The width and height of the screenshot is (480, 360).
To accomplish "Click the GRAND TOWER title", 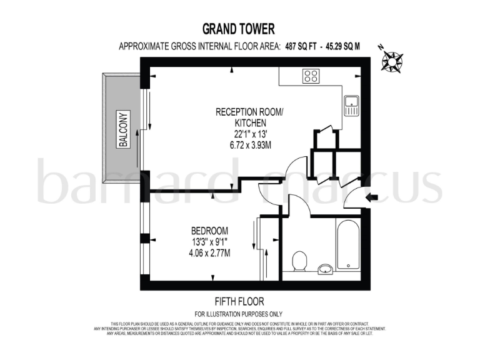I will coord(238,29).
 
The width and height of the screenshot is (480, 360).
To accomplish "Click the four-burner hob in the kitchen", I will coord(311,77).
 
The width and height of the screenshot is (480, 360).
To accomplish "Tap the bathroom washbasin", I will coord(324,269).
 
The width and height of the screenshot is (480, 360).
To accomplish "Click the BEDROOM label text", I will coord(209,231).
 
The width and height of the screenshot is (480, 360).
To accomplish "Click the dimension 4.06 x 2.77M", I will coord(209,253).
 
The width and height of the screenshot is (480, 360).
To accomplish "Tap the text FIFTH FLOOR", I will coord(238,300).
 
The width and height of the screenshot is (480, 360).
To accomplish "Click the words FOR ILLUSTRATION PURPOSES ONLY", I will coord(238,313).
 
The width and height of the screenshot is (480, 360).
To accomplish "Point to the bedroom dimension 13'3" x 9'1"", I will coord(209,242).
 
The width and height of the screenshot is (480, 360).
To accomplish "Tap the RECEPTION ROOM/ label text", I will coord(249,112).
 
